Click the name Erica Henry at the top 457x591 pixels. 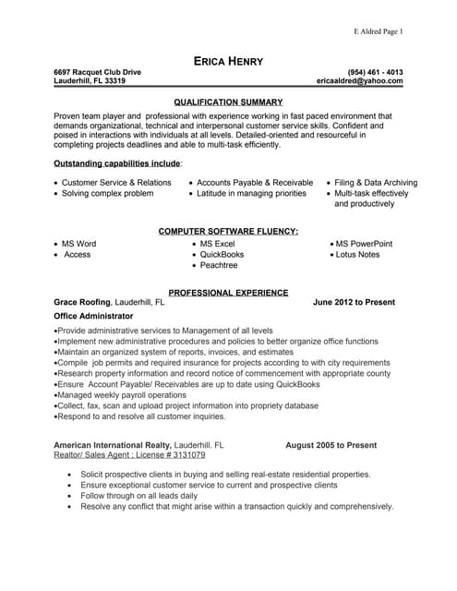(228, 61)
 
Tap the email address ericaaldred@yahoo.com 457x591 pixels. (359, 81)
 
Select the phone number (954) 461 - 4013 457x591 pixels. (375, 71)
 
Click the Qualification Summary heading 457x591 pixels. (228, 102)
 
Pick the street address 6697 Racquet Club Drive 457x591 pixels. (98, 71)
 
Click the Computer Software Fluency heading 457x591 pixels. (228, 230)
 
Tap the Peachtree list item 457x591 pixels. (219, 265)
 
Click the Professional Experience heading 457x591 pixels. (228, 292)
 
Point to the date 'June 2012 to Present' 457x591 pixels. (354, 302)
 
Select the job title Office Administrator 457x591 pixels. (93, 316)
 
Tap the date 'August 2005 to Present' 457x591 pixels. (331, 445)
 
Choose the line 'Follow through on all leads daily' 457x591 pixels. (138, 496)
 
